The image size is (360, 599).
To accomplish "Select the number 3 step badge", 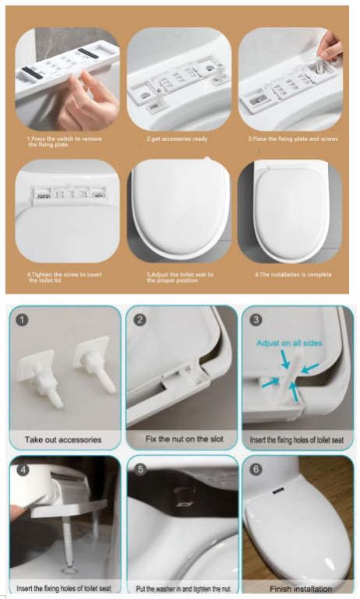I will click(x=254, y=320).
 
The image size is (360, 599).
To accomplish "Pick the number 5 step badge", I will click(x=139, y=470).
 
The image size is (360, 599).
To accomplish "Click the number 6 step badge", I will click(x=255, y=469).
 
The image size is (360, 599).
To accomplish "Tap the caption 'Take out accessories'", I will click(x=63, y=440).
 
